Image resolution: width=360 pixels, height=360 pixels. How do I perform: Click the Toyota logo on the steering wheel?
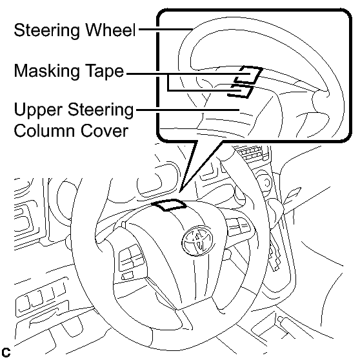197,241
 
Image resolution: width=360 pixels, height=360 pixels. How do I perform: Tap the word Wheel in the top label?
110,30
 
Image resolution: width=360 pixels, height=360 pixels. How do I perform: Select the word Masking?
46,72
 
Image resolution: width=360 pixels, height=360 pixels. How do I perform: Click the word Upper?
38,110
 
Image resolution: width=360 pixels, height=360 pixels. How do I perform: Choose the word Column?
45,130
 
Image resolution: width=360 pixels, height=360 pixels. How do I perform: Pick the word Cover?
105,130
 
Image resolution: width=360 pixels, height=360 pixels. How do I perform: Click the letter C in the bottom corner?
6,352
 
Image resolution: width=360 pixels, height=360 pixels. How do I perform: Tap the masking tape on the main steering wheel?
169,205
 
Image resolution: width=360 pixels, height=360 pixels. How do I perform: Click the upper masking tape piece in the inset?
248,75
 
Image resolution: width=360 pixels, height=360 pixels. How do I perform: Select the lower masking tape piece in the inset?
241,91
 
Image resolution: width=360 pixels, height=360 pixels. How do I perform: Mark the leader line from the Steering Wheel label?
166,29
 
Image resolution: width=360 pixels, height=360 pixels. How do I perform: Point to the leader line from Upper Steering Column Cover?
188,110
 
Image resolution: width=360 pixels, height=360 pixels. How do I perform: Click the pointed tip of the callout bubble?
181,191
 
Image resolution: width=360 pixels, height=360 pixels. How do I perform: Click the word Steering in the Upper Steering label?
101,110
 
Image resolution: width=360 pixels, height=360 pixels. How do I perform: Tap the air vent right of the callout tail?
252,153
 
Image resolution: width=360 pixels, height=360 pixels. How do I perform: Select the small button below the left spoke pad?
128,275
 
